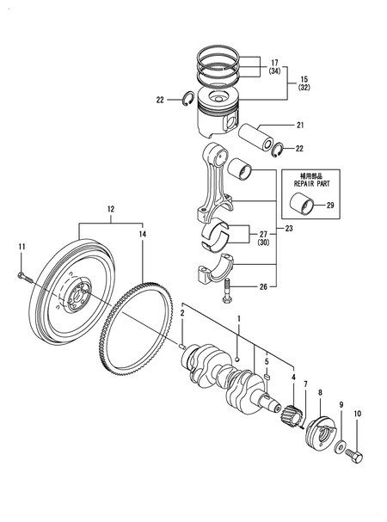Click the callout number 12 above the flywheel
111,209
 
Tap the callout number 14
143,234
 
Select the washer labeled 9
341,447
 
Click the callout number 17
274,62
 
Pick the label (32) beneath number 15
304,88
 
